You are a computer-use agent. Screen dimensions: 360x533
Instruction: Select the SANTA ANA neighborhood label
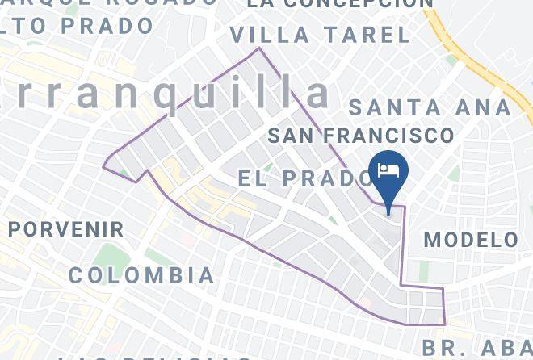coord(429,107)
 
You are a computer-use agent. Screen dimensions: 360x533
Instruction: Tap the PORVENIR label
coord(66,229)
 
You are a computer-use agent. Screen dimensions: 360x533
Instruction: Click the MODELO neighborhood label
coord(471,240)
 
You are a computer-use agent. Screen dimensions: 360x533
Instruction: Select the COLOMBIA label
coord(141,275)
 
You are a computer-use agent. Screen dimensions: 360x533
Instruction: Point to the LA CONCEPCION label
coord(340,3)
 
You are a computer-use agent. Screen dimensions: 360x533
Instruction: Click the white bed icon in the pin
coord(388,170)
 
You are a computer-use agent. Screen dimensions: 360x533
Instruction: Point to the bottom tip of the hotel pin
coord(388,214)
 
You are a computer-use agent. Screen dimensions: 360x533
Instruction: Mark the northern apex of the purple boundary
coord(259,48)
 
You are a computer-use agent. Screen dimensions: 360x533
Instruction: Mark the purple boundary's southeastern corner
coord(445,324)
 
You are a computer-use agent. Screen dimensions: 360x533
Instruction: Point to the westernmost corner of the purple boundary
coord(103,166)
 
